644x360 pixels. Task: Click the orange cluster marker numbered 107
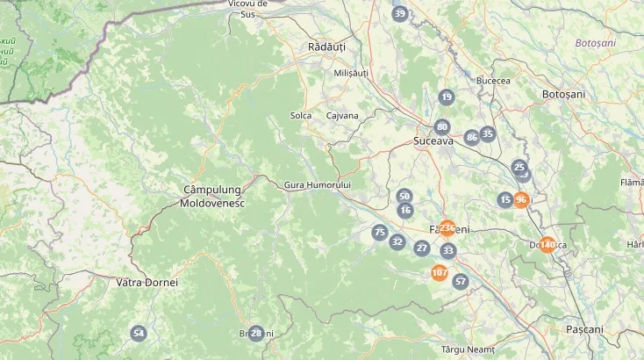pos(440,273)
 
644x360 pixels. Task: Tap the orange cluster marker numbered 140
pos(547,244)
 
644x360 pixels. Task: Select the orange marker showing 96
pos(521,199)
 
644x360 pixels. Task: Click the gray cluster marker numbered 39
pos(400,13)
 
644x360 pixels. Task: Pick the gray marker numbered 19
pos(447,97)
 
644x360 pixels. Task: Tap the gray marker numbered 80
pos(442,126)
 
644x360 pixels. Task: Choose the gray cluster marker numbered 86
pos(472,137)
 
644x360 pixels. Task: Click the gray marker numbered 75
pos(379,232)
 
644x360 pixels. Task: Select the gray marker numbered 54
pos(139,333)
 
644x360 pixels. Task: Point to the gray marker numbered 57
pos(461,281)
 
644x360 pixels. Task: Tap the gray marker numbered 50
pos(404,196)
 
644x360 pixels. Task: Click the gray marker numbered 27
pos(422,248)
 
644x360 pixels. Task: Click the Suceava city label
pos(433,140)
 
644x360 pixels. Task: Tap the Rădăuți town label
pos(327,47)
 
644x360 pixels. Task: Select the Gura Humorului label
pos(318,185)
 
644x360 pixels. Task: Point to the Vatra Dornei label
pos(147,283)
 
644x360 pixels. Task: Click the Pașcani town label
pos(584,329)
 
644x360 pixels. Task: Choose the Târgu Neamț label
pos(468,349)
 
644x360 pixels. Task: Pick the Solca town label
pos(301,115)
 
